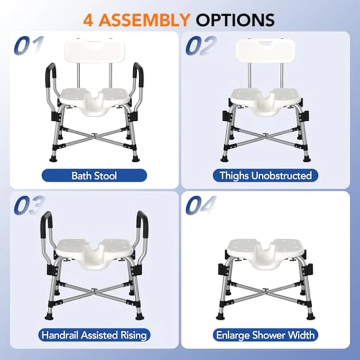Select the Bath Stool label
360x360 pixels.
(94, 175)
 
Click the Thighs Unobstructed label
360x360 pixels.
(265, 175)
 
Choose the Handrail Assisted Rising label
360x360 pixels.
(94, 335)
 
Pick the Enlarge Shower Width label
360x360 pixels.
(265, 335)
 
